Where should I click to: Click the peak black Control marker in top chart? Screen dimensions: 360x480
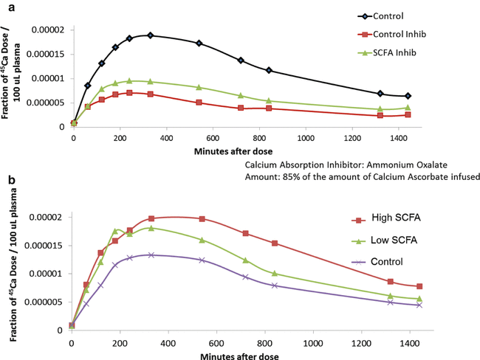150,35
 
